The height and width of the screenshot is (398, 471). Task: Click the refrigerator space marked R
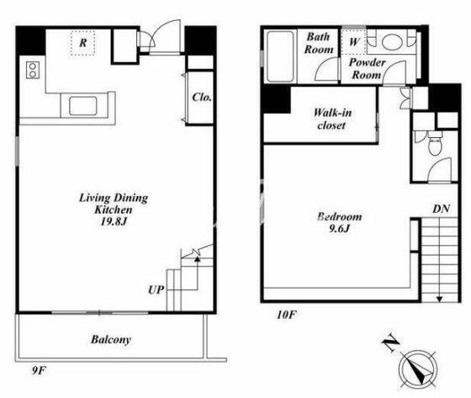[83, 43]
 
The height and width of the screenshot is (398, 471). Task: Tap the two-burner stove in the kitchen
[33, 70]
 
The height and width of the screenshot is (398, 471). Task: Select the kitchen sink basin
[83, 106]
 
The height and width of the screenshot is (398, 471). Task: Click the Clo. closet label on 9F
[202, 97]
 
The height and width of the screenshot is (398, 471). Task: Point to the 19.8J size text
[114, 221]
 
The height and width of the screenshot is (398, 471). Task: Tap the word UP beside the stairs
[156, 289]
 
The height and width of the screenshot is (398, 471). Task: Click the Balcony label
[111, 340]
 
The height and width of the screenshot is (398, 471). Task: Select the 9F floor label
[39, 370]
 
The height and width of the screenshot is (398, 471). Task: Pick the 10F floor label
[287, 315]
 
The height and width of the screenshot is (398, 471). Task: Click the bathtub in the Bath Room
[280, 56]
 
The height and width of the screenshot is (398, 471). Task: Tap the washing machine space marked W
[354, 42]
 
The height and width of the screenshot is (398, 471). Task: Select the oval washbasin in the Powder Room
[391, 41]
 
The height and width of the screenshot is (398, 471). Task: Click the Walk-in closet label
[332, 119]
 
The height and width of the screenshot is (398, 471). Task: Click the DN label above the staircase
[441, 209]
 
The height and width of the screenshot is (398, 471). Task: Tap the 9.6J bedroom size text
[340, 229]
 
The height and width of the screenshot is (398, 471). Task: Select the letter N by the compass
[390, 344]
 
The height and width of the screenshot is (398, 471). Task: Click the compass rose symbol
[418, 369]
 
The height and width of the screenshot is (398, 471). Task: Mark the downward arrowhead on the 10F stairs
[439, 300]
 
